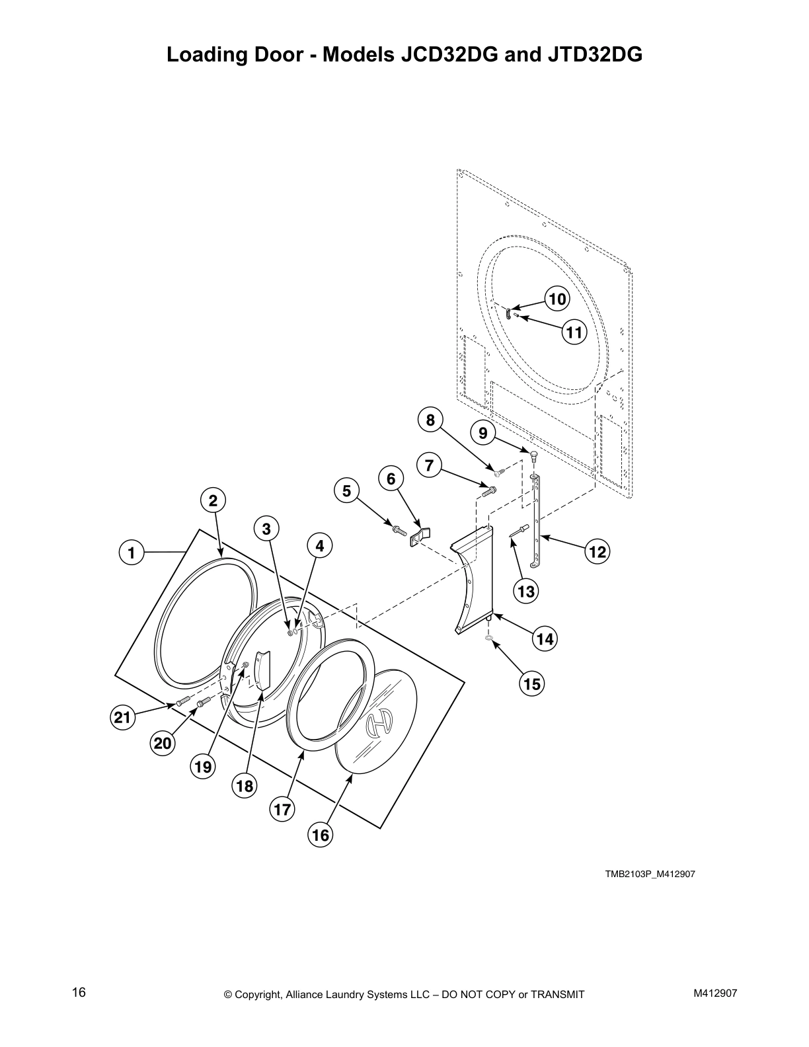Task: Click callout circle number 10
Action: [557, 299]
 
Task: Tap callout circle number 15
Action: [531, 684]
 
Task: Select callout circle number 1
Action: [132, 552]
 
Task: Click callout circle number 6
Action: [391, 479]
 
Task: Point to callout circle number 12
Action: [597, 551]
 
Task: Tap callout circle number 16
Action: [320, 835]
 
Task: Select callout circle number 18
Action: [245, 785]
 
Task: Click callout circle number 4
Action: [319, 546]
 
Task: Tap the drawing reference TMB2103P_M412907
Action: [649, 874]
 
